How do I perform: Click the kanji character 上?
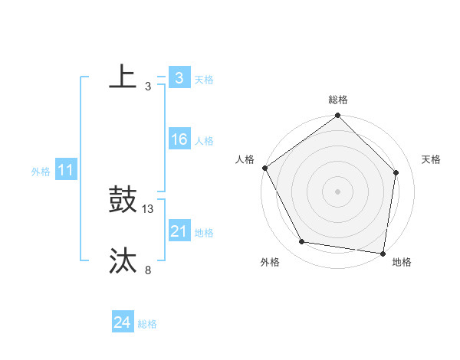(123, 77)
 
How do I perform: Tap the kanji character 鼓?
(123, 200)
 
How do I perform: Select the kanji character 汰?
(123, 261)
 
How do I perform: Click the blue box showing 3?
(179, 77)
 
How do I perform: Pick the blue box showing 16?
(179, 139)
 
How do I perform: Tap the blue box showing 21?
(179, 231)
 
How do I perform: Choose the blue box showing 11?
(65, 170)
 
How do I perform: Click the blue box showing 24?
(122, 322)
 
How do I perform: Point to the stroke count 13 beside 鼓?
(148, 208)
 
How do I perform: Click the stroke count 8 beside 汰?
(148, 270)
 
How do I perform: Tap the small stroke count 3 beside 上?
(148, 86)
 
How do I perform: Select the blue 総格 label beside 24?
(147, 324)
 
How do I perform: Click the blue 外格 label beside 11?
(41, 172)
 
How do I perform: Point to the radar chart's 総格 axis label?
(338, 100)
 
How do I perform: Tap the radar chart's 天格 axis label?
(432, 159)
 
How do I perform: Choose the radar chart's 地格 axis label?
(402, 262)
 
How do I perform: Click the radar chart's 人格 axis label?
(245, 159)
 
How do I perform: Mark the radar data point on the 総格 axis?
(338, 116)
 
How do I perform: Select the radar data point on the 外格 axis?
(302, 242)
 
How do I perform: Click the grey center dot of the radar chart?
(338, 191)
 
